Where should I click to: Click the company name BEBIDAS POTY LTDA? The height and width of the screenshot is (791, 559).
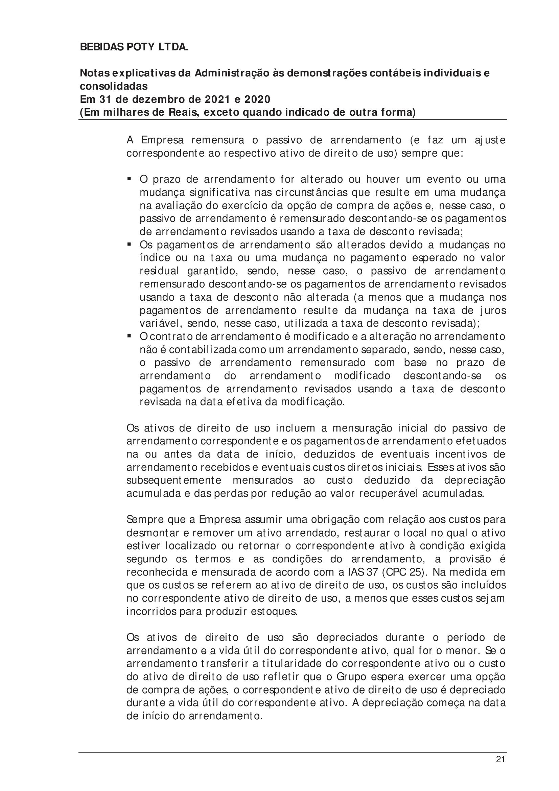[x=134, y=47]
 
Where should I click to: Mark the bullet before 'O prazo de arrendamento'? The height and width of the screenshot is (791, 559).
[x=129, y=179]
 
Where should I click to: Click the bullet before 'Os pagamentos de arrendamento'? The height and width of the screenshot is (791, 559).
[x=129, y=244]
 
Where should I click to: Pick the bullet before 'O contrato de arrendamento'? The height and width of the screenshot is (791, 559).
[x=129, y=335]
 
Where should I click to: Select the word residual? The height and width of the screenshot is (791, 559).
[x=159, y=271]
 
